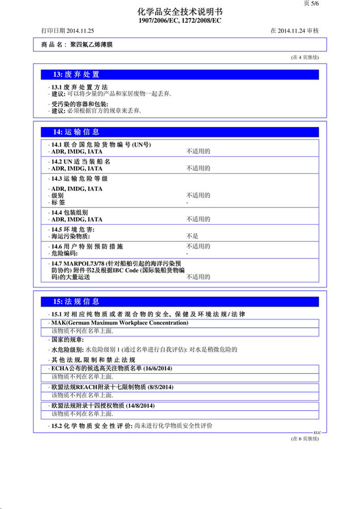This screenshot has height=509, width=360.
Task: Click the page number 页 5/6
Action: pos(312,4)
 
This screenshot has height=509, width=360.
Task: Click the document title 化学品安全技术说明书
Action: pos(180,12)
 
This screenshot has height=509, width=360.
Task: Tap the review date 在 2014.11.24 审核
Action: pos(295,31)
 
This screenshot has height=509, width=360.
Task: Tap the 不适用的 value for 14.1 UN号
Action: pos(198,151)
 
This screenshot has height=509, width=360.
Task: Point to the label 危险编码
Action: pos(64,253)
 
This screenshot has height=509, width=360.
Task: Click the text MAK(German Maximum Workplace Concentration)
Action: pos(119,323)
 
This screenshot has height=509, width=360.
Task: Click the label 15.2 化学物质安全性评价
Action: pos(91,426)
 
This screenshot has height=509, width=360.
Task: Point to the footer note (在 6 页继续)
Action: pos(305,438)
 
